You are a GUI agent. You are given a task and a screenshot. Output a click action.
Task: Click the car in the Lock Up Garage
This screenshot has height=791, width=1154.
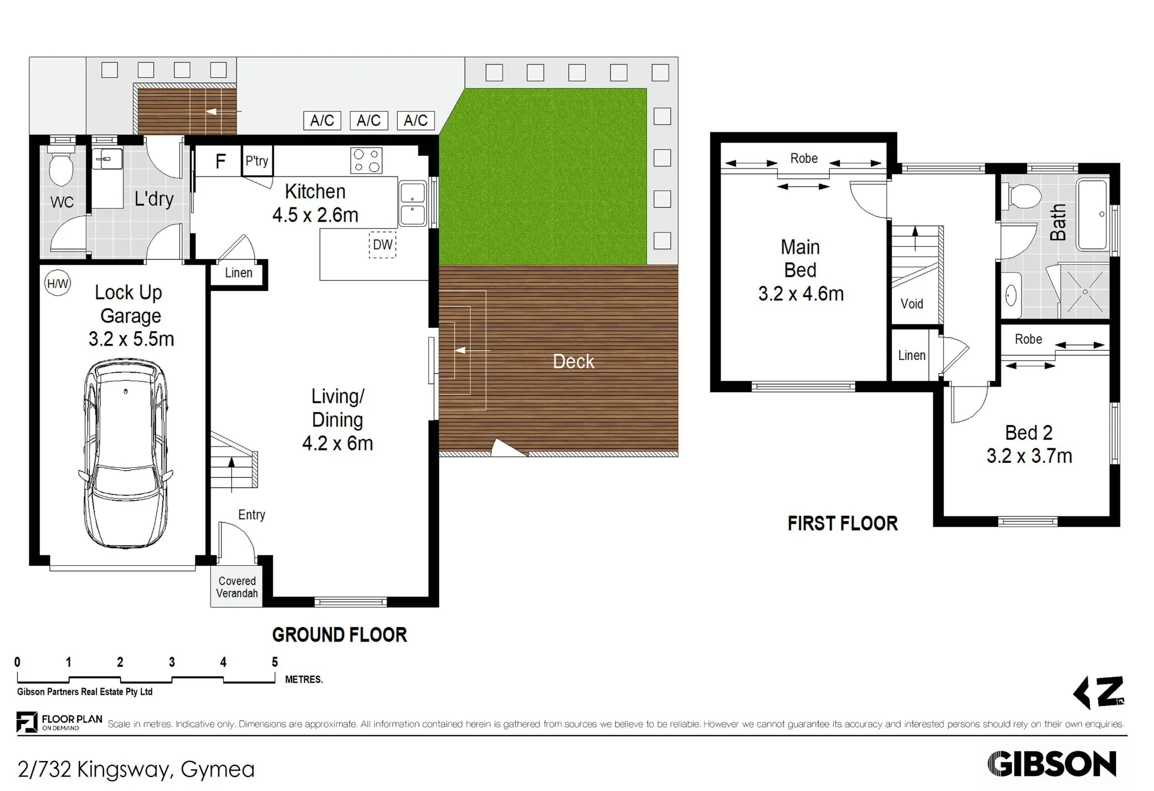click(126, 453)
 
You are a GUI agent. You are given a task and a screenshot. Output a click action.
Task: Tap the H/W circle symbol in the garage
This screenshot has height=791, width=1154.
click(58, 283)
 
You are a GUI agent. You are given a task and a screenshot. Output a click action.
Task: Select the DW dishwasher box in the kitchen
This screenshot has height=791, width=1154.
click(383, 245)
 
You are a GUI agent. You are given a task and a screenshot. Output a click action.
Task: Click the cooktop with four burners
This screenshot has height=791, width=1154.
click(366, 161)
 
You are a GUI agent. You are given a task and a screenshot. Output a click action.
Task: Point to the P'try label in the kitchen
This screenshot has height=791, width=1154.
click(257, 161)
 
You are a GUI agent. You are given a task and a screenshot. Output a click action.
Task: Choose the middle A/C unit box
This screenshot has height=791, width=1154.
click(369, 121)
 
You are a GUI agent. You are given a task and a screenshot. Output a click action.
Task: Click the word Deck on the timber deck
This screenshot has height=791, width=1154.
click(573, 362)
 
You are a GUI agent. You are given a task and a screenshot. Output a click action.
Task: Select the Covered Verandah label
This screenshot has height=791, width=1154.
click(237, 587)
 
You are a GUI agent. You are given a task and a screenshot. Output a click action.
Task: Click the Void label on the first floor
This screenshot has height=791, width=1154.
click(912, 304)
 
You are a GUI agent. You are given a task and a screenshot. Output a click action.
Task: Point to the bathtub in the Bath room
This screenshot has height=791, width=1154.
click(1092, 215)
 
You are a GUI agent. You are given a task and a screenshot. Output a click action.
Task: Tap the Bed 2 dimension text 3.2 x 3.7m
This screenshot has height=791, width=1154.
click(1029, 456)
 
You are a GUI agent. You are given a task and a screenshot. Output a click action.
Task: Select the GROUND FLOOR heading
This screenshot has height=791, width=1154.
click(339, 635)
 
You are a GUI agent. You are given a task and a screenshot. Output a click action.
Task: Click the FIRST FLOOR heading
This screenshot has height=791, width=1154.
click(842, 524)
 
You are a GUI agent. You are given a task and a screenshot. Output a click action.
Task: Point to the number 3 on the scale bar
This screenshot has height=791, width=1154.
click(171, 662)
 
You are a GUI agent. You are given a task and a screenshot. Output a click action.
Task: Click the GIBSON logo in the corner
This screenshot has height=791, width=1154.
click(1052, 764)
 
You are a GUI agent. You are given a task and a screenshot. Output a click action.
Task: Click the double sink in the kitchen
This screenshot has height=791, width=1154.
click(413, 204)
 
